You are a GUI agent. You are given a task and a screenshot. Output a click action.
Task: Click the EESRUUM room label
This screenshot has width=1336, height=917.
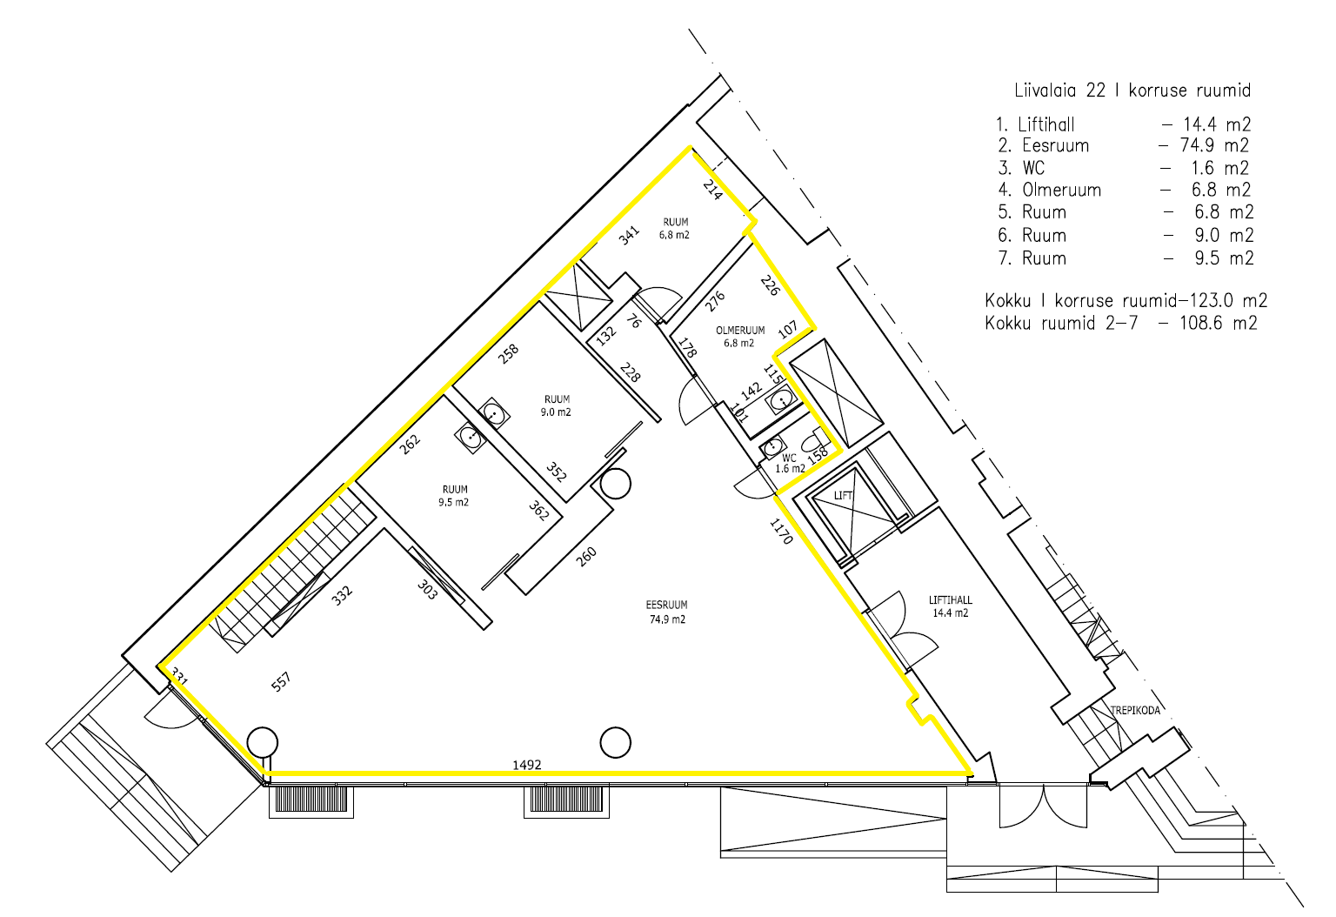tap(667, 612)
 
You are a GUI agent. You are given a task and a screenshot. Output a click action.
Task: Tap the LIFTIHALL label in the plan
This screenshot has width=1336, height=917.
tap(950, 606)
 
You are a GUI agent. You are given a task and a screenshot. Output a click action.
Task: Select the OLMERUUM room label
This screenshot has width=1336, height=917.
tap(739, 337)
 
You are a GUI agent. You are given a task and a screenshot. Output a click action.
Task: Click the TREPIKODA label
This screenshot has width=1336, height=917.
tap(1135, 711)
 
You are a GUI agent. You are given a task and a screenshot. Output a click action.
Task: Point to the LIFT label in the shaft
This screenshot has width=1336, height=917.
tap(843, 495)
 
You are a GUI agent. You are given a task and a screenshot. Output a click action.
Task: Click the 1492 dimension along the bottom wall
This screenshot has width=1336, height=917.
tap(526, 765)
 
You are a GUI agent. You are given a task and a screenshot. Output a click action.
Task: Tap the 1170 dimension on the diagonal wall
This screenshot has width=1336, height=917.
tap(781, 531)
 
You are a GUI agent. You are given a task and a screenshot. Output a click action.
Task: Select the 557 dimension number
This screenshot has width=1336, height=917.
tap(281, 681)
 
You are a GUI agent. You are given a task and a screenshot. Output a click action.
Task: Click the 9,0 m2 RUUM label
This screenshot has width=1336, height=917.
tap(557, 405)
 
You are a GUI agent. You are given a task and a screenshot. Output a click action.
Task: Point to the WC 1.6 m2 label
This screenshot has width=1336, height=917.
tap(790, 464)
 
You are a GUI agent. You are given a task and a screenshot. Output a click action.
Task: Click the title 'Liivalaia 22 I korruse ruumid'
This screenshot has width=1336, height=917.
tap(1132, 90)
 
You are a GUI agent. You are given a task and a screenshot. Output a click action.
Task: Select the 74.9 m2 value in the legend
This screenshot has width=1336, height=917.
tap(1213, 145)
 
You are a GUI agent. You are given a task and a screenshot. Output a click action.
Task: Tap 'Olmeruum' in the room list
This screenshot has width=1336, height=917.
tap(1062, 190)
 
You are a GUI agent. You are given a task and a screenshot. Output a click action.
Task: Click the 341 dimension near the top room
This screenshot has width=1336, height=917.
tap(629, 235)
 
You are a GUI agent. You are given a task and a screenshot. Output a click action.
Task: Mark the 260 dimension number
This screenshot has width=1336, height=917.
tap(585, 557)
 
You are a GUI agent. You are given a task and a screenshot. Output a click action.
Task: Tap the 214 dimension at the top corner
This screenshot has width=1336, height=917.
tap(712, 190)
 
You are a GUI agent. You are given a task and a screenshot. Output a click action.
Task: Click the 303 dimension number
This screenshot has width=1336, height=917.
tap(427, 589)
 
